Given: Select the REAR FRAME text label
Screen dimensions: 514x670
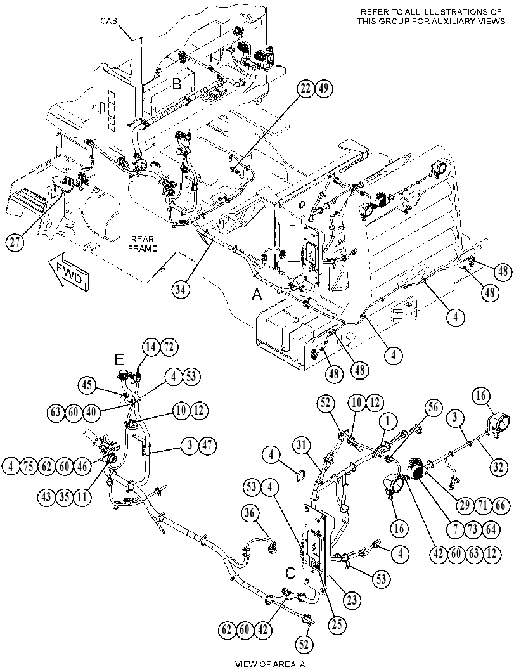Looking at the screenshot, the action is pos(142,244).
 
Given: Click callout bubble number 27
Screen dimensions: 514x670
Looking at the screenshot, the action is pos(15,242).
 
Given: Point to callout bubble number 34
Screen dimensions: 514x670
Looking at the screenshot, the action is pos(181,289).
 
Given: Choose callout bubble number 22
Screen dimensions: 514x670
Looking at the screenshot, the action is pos(306,88).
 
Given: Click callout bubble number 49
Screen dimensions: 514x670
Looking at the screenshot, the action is pos(324,88).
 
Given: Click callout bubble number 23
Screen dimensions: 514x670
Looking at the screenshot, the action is pos(351,600).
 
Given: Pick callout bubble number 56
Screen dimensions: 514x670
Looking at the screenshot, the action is pos(434,407).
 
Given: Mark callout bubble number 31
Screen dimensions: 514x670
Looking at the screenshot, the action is pos(302,446).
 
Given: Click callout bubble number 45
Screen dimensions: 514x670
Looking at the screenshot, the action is pos(87,385).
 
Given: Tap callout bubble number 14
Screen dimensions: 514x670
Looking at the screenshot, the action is pos(151,347).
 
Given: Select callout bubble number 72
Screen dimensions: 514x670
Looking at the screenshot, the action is pos(169,347).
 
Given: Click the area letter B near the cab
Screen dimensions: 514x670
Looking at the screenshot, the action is pos(176,84).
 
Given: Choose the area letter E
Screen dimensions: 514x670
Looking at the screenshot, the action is pos(119,360).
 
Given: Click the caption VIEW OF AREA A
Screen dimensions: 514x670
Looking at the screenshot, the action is pos(270,664).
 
